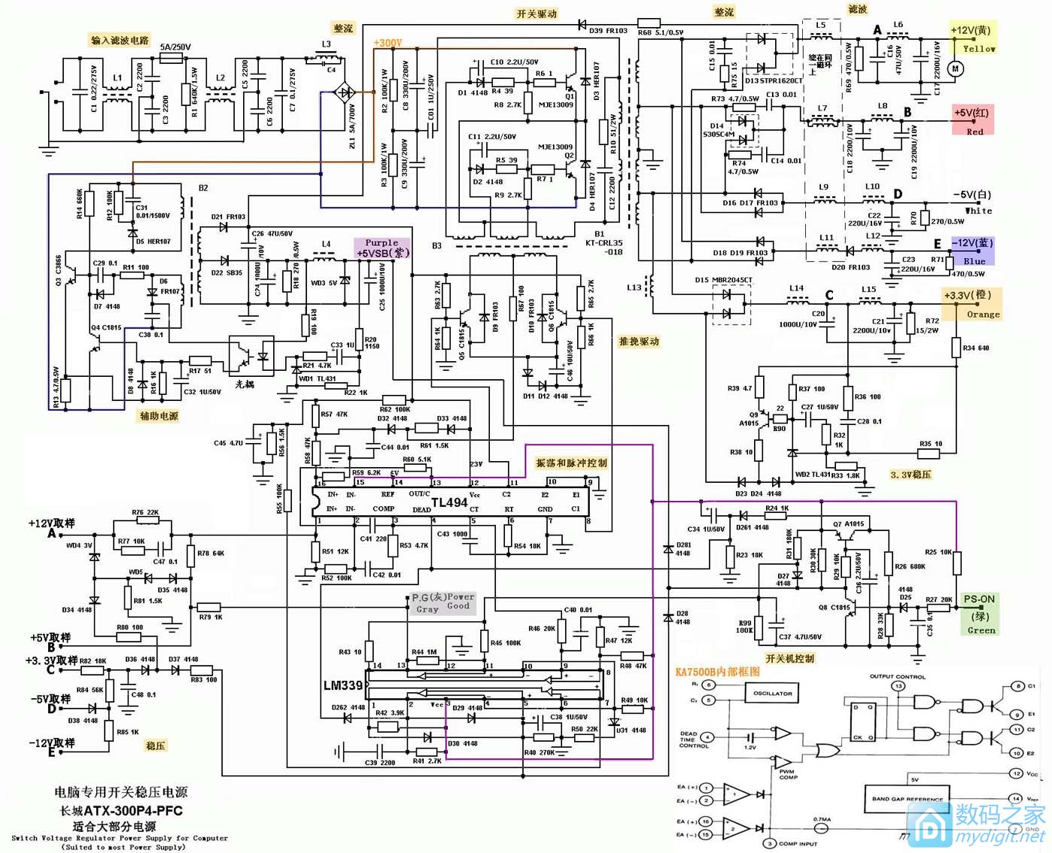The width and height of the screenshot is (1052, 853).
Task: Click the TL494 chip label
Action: (x=449, y=502)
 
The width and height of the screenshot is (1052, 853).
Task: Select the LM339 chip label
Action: (x=343, y=685)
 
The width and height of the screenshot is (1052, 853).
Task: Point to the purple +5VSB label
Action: (x=382, y=248)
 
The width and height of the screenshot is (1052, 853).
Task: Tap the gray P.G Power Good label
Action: (x=442, y=603)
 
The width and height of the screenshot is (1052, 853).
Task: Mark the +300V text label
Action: (x=388, y=43)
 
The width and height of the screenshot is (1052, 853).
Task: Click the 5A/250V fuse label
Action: (x=175, y=47)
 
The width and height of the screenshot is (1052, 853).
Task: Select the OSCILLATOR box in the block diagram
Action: (x=772, y=694)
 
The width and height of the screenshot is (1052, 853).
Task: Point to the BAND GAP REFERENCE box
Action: (x=907, y=799)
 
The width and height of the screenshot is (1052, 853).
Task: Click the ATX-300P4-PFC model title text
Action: (x=121, y=811)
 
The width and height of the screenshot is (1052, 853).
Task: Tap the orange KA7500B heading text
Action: (x=717, y=672)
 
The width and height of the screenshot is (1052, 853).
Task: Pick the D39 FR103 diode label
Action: (x=608, y=31)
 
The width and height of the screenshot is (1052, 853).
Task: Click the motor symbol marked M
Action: (x=956, y=68)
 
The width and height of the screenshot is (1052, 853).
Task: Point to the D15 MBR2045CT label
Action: (x=723, y=280)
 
